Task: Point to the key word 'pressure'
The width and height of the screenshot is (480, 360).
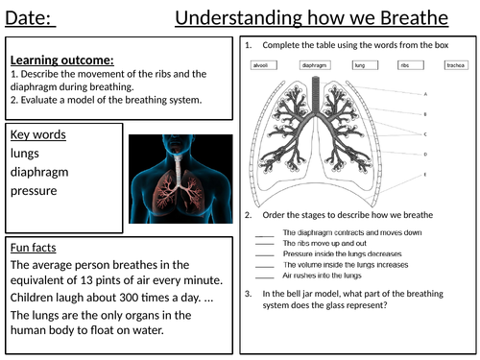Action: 36,190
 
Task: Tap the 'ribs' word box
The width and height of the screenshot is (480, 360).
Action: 406,65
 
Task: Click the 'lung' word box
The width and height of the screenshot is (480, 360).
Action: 359,65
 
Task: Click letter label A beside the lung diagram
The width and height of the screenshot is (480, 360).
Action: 425,94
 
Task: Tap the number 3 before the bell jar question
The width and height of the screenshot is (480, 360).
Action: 249,293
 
